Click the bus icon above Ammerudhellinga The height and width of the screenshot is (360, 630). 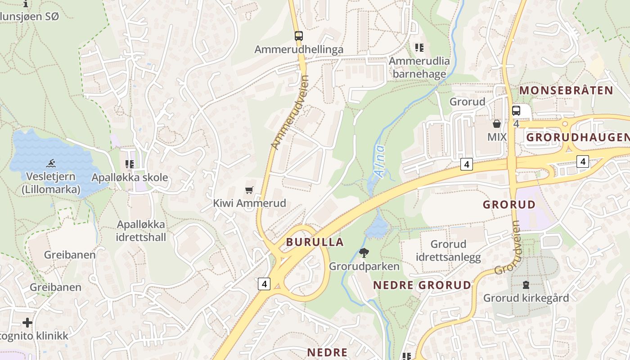point(298,36)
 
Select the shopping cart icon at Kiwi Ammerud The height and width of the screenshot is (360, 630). point(249,190)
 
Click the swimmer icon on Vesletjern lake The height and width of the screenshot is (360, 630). point(51,163)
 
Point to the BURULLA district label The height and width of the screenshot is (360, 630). point(315,242)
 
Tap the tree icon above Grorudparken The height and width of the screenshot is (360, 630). point(364,253)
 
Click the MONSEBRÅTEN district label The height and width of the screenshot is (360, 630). point(566,90)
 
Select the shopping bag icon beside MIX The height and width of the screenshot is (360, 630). point(497,123)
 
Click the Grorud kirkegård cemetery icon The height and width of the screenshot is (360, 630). point(526,284)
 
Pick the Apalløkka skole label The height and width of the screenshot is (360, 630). point(130,177)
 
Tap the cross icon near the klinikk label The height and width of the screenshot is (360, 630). point(27,322)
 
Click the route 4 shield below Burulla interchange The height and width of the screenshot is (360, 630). point(264,283)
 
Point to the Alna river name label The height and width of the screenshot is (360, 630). point(380,161)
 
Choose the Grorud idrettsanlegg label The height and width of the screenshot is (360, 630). point(448,251)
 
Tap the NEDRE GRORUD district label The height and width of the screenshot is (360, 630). point(422,285)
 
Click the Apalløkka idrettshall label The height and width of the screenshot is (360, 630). point(141,231)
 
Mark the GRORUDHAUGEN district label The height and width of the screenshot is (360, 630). point(577,137)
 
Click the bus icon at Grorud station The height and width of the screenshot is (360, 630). point(516,110)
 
